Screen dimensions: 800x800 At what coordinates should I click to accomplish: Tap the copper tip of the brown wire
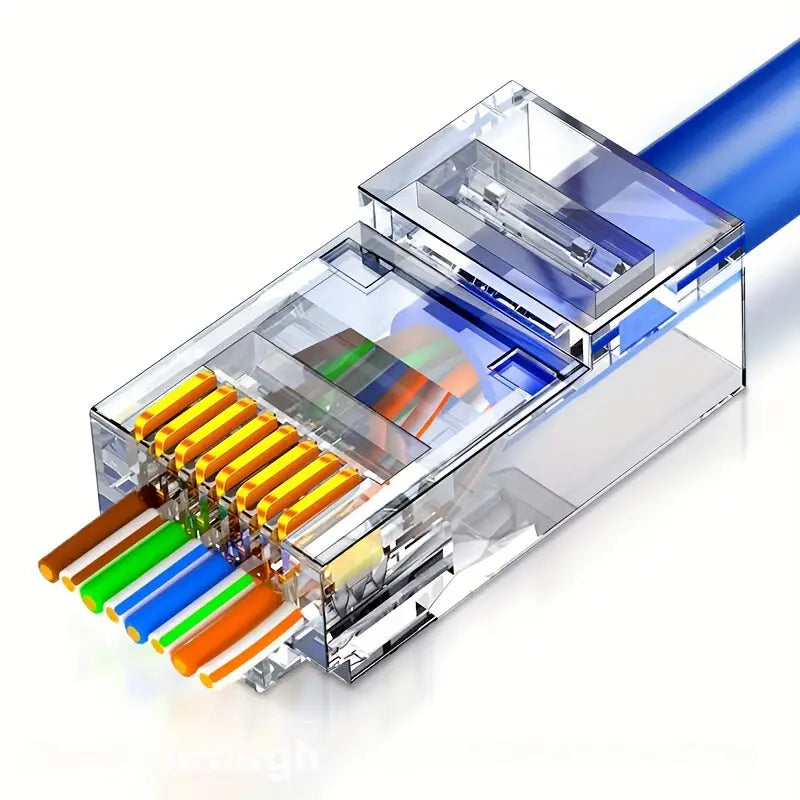(46, 568)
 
